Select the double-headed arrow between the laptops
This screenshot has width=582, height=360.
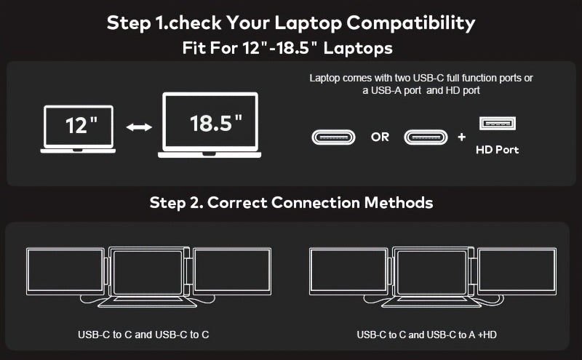(139, 127)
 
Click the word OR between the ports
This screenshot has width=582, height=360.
(380, 137)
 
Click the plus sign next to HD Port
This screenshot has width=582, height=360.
(461, 137)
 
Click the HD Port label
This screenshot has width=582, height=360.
(497, 150)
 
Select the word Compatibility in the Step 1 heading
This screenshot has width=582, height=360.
(411, 23)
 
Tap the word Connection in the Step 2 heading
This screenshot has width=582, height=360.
(315, 203)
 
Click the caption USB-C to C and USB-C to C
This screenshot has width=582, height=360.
(143, 335)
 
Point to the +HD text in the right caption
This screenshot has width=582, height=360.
(487, 335)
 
